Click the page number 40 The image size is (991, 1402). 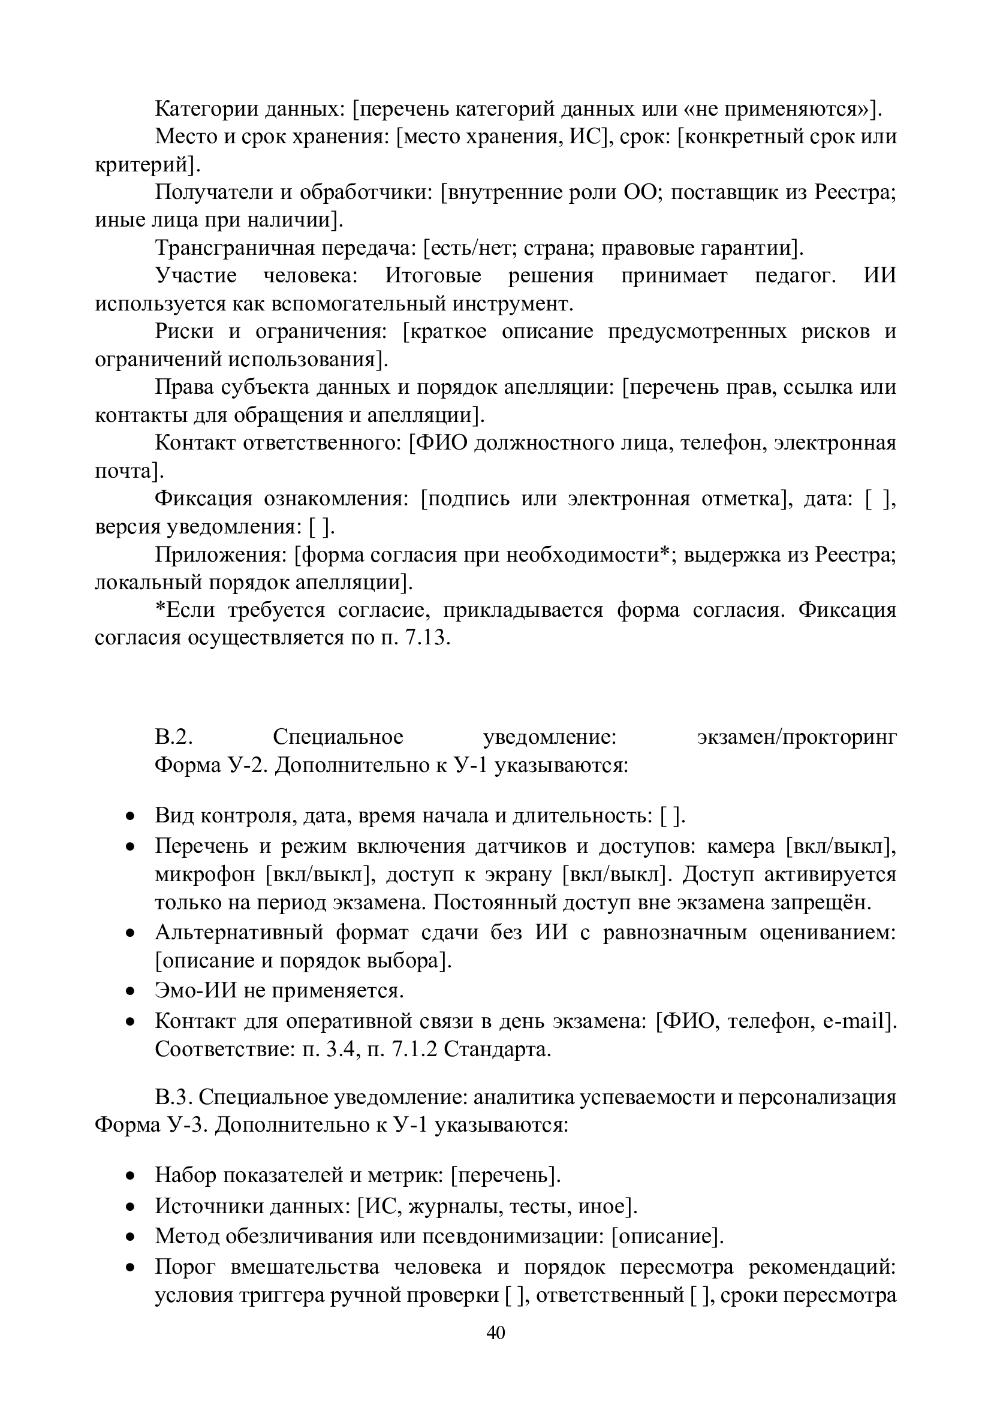click(x=495, y=1332)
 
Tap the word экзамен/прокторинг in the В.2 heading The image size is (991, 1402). click(x=796, y=737)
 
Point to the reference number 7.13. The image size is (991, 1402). click(x=427, y=638)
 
